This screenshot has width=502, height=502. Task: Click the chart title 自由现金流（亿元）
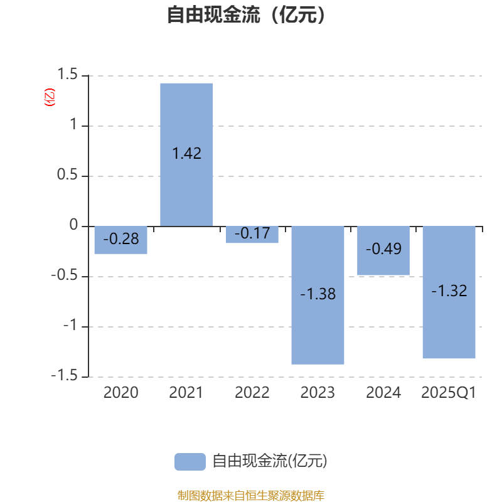pos(246,14)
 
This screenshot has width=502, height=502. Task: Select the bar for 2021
pos(186,154)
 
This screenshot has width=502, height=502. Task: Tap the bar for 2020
pos(120,240)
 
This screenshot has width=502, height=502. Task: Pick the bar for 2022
pos(252,235)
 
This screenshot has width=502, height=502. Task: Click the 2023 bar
pos(318,295)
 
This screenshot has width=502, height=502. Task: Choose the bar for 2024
pos(383,250)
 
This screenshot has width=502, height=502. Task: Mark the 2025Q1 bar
pos(449,292)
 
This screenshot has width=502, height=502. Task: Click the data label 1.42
pos(186,153)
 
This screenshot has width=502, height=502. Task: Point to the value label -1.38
pos(318,294)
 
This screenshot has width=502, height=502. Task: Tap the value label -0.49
pos(383,248)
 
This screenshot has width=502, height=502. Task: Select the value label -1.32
pos(449,291)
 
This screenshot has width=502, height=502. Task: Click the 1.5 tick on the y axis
pos(67,74)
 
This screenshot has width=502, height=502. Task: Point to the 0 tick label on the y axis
pos(73,225)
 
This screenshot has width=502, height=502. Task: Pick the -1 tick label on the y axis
pos(70,326)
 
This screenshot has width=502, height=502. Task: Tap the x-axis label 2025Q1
pos(449,393)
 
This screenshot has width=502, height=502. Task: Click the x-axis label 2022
pos(252,393)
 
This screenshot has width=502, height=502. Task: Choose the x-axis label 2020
pos(120,393)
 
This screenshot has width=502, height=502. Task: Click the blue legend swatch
pos(190,462)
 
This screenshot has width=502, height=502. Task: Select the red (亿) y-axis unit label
pos(50,97)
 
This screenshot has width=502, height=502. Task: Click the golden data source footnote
pos(251,495)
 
